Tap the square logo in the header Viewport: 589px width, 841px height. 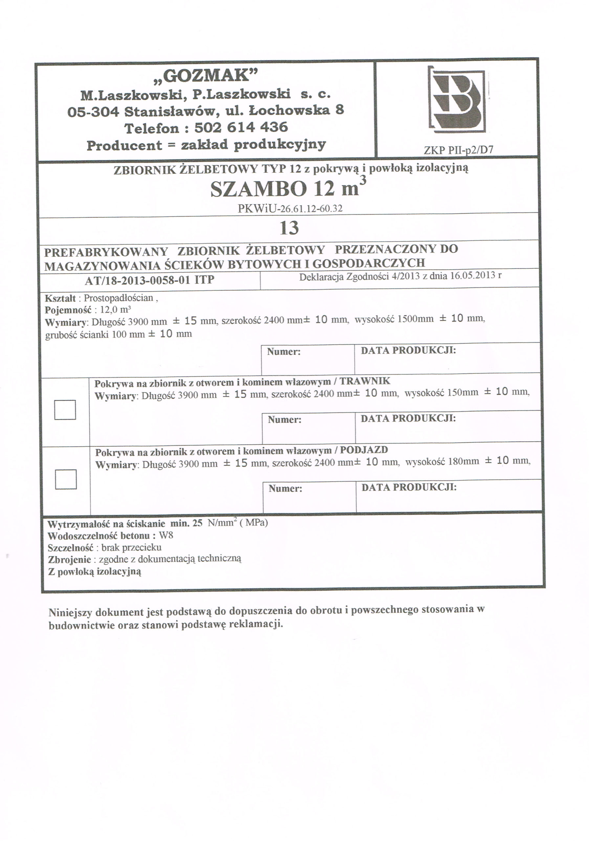click(x=458, y=99)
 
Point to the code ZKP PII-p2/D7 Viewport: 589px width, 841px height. click(x=458, y=150)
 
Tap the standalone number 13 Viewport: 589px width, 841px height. click(x=289, y=228)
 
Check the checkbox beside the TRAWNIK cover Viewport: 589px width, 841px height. click(x=65, y=410)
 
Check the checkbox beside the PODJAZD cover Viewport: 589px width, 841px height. click(x=66, y=479)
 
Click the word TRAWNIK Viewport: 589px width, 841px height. click(x=365, y=381)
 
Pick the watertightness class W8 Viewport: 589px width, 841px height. click(x=166, y=535)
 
